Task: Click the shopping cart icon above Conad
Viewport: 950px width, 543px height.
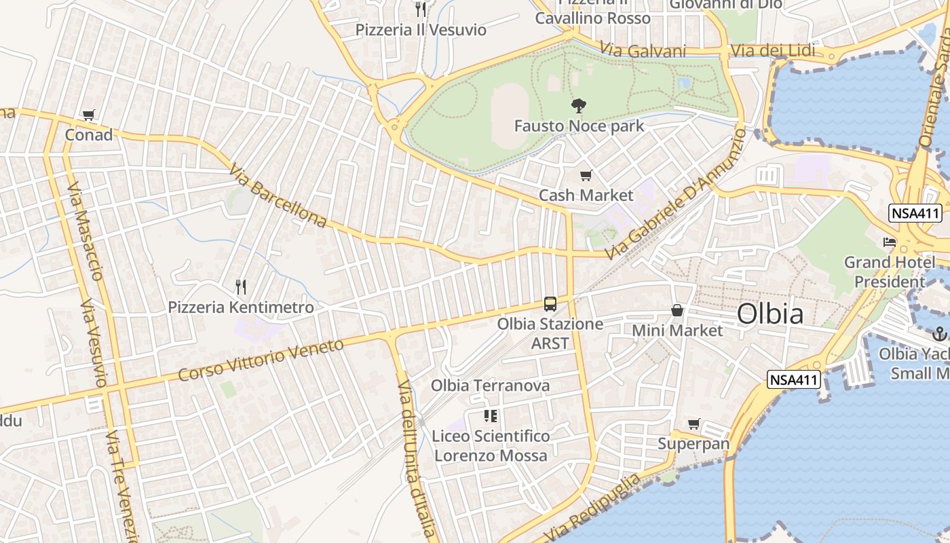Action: pyautogui.click(x=88, y=115)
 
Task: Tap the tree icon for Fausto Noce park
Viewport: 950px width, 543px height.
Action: pyautogui.click(x=578, y=105)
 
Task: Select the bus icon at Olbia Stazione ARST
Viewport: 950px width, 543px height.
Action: pyautogui.click(x=550, y=304)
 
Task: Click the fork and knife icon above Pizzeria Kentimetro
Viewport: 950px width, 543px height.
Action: pyautogui.click(x=240, y=287)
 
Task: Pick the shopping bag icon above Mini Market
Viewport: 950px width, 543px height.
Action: pyautogui.click(x=677, y=311)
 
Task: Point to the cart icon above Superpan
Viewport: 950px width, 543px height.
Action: pyautogui.click(x=693, y=424)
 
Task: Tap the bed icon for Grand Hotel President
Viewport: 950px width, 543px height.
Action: pyautogui.click(x=889, y=242)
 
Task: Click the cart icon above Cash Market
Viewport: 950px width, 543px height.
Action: pyautogui.click(x=586, y=176)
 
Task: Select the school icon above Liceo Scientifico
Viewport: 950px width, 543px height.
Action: pyautogui.click(x=490, y=415)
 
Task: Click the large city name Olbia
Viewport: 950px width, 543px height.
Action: pyautogui.click(x=770, y=314)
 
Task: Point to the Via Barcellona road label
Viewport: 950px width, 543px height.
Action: pyautogui.click(x=278, y=195)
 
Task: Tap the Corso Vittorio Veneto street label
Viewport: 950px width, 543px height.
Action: pyautogui.click(x=261, y=360)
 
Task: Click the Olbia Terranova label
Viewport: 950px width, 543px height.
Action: pyautogui.click(x=490, y=386)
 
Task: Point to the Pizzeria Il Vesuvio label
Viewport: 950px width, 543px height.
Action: pyautogui.click(x=421, y=30)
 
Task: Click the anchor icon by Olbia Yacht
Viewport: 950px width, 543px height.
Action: pyautogui.click(x=940, y=333)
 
